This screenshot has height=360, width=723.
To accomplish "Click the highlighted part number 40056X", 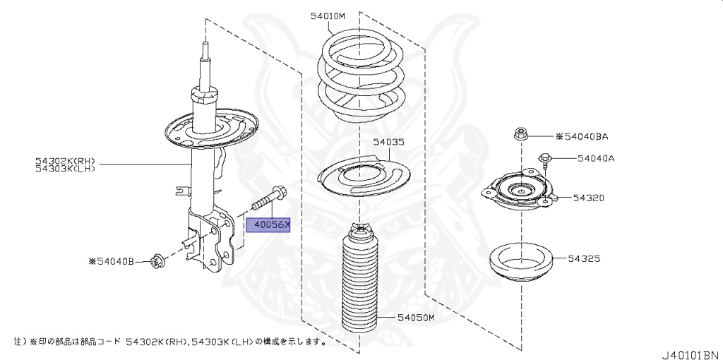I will tap(268, 225).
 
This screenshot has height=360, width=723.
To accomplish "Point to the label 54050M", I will tap(414, 318).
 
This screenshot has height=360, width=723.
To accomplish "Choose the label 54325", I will tap(583, 259).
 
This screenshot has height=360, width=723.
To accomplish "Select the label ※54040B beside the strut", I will tap(110, 261).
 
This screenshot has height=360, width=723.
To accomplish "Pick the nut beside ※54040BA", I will tap(520, 133).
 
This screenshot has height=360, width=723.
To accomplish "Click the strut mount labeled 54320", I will tap(519, 192).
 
